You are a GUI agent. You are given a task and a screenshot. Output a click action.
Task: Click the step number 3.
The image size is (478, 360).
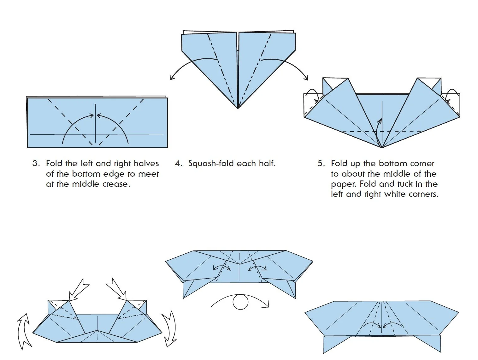tap(36, 163)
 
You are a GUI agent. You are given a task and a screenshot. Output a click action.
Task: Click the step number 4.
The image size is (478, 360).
tap(178, 163)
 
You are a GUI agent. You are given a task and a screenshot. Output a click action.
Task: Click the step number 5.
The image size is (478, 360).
tap(321, 163)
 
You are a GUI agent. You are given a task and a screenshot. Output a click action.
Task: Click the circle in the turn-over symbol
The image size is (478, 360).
tap(240, 302)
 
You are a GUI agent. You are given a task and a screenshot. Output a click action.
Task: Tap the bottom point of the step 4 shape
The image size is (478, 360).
tap(238, 108)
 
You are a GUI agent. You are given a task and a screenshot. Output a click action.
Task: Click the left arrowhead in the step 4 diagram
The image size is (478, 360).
tap(172, 77)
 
